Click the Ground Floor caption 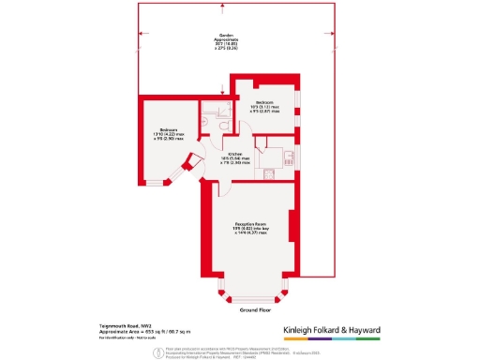pyautogui.click(x=254, y=308)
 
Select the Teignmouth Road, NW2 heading pyautogui.click(x=124, y=325)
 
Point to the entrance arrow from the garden pyautogui.click(x=222, y=91)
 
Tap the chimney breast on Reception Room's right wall pyautogui.click(x=294, y=230)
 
